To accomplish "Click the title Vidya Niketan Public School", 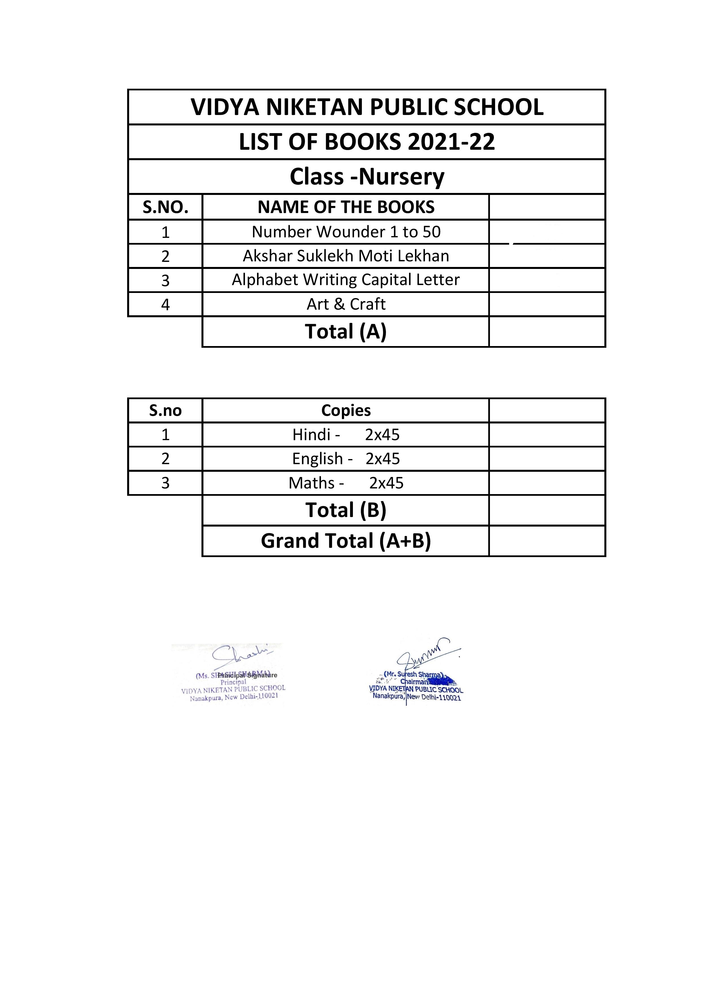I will click(x=367, y=107).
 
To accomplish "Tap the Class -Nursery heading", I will click(x=367, y=177).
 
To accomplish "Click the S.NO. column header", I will click(x=165, y=207).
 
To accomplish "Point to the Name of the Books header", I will click(x=346, y=207).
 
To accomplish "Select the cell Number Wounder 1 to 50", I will click(x=346, y=232).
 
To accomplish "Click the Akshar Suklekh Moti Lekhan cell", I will click(x=346, y=256).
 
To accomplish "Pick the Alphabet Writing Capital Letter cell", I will click(x=346, y=280).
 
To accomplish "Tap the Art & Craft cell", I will click(x=346, y=304).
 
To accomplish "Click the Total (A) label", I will click(x=346, y=331).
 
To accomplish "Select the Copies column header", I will click(x=346, y=410).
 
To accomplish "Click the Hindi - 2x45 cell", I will click(x=346, y=434).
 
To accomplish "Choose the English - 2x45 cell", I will click(x=346, y=458).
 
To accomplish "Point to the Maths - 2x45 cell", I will click(x=346, y=483).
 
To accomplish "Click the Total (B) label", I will click(x=346, y=510).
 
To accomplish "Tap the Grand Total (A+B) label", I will click(x=346, y=541).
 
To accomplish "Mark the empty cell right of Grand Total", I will click(x=547, y=541).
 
